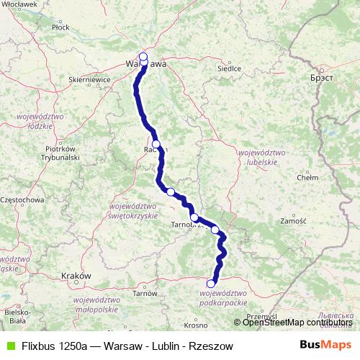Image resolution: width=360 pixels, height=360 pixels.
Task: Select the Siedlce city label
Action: (229, 69)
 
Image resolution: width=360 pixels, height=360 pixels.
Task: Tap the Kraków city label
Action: (75, 275)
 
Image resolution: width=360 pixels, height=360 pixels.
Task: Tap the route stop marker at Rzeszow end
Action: (211, 283)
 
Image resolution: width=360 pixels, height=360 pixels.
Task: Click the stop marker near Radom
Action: (156, 144)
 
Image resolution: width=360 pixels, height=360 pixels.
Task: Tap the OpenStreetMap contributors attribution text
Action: (296, 322)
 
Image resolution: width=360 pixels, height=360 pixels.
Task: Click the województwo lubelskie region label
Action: (257, 158)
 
